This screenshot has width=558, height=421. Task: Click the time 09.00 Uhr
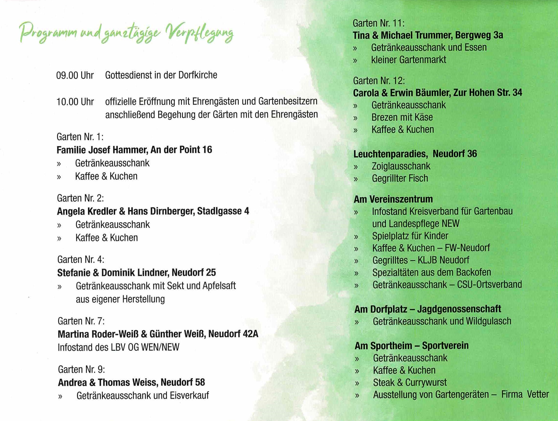point(75,75)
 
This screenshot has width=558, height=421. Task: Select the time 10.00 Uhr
point(75,102)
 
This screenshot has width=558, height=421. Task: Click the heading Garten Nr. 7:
point(81,321)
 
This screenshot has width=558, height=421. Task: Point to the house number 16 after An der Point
point(207,150)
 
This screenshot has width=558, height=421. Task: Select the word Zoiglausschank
point(401,166)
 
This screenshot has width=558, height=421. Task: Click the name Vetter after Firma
point(538,395)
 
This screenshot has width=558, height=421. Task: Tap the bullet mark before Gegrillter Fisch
point(356,179)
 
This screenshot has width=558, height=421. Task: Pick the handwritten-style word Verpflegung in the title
point(199,34)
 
